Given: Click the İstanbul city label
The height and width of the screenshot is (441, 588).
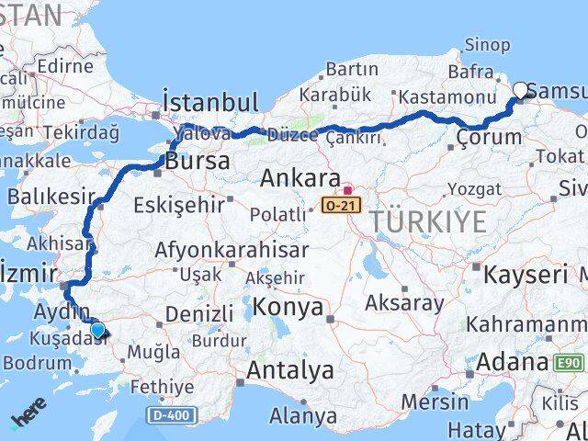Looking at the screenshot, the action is tap(209, 100).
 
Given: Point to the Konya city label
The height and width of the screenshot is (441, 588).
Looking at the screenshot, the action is tap(289, 306).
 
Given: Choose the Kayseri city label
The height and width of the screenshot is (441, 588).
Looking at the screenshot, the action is tap(525, 274).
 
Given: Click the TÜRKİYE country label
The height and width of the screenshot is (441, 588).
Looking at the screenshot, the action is tap(429, 220).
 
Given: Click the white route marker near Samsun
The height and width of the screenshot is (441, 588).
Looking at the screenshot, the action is tap(521, 91).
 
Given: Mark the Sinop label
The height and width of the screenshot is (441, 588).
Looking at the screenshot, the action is tap(487, 44).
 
